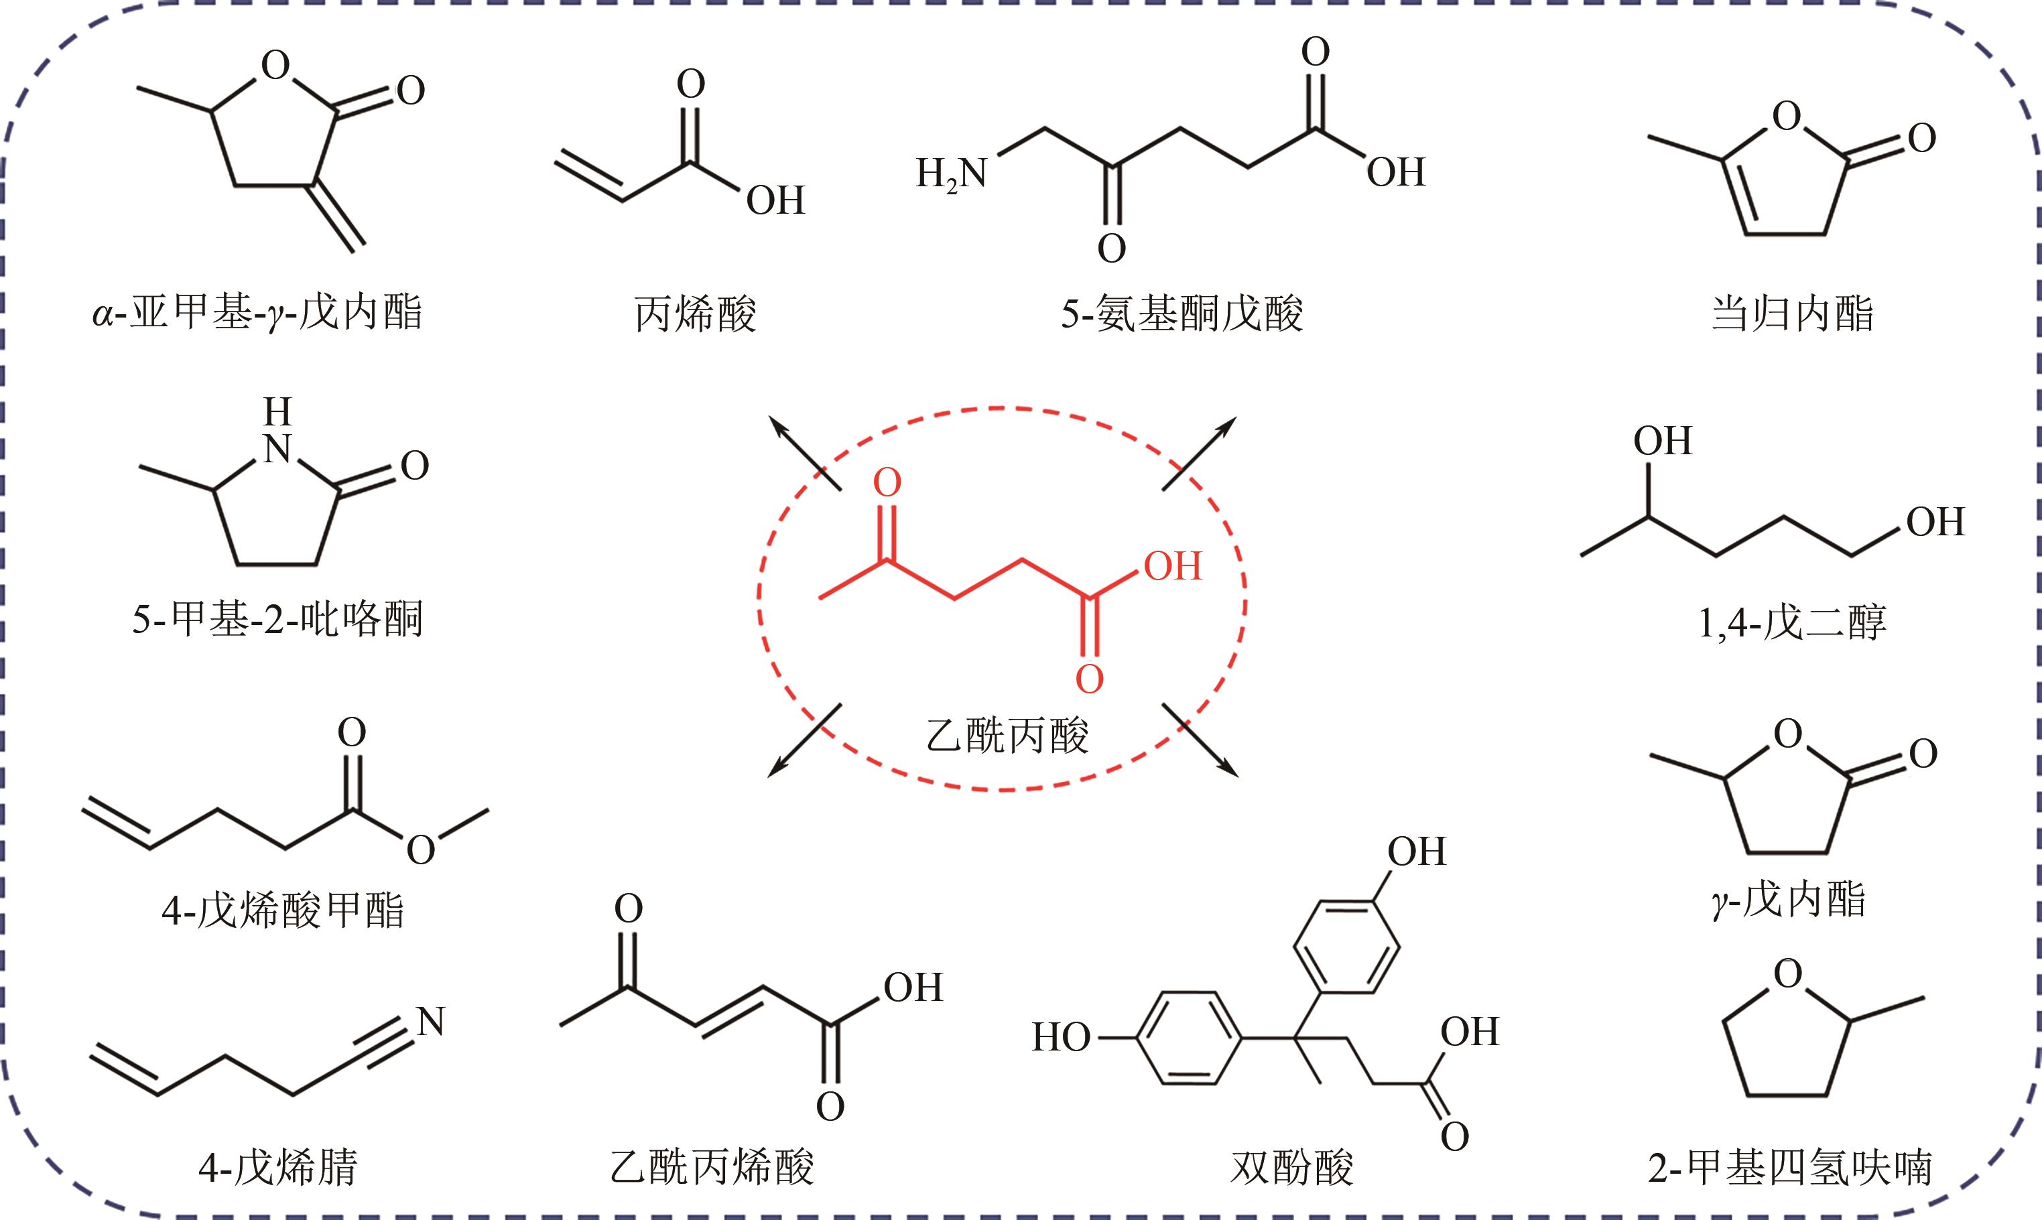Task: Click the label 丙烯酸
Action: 695,314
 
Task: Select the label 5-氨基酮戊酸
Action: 1182,314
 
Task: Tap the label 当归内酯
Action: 1793,314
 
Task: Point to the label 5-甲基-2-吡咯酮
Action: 277,619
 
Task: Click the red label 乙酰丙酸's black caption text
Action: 1007,735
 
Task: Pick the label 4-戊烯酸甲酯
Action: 283,910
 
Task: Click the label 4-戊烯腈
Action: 278,1166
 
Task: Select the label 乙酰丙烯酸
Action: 712,1166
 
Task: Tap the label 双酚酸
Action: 1292,1166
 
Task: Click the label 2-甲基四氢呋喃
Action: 1790,1166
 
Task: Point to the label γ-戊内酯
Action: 1789,899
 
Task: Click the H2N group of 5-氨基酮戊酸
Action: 952,174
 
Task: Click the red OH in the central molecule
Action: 1173,566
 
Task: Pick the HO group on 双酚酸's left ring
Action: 1062,1038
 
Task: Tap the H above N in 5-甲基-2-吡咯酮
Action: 278,412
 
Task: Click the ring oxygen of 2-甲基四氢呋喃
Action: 1787,973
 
